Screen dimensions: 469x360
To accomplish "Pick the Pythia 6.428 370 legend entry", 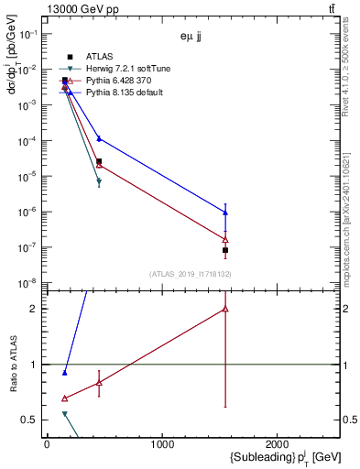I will pos(109,81).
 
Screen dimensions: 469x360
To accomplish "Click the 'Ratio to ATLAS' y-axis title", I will pos(13,365).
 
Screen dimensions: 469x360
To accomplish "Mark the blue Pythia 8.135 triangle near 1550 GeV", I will pos(225,213).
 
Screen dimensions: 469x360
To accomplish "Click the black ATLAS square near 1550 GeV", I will pos(225,250).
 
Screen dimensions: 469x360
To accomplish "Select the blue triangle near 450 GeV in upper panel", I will pos(99,138).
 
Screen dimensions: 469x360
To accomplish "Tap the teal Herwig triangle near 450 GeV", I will pos(99,182).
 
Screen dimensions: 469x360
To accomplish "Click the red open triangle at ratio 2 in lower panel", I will pos(225,310).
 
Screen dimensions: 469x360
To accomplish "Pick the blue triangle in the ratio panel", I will pos(64,373).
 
